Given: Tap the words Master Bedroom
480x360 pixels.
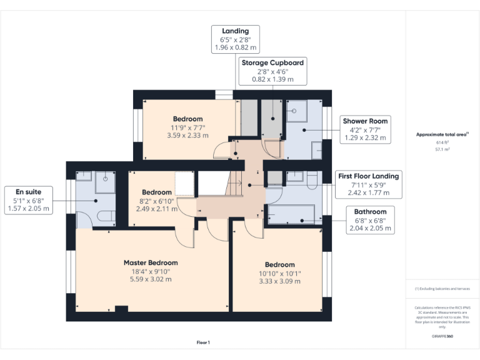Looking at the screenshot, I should (150, 263).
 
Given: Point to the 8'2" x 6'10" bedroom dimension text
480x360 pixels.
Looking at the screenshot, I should (156, 201).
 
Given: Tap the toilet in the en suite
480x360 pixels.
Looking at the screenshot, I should (105, 217).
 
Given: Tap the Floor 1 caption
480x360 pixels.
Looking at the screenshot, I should (203, 342).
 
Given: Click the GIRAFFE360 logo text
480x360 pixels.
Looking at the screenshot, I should (442, 337).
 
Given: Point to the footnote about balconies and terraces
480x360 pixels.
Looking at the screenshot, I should (442, 289).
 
